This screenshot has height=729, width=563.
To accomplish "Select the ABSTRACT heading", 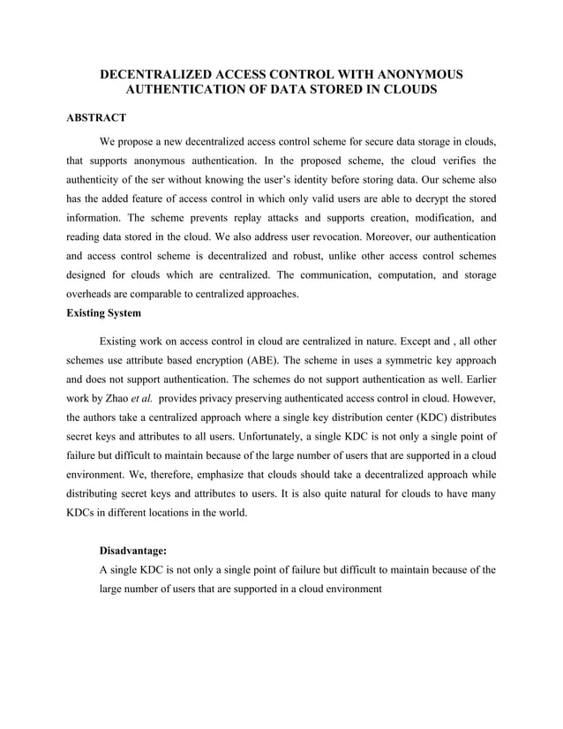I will [97, 116].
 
